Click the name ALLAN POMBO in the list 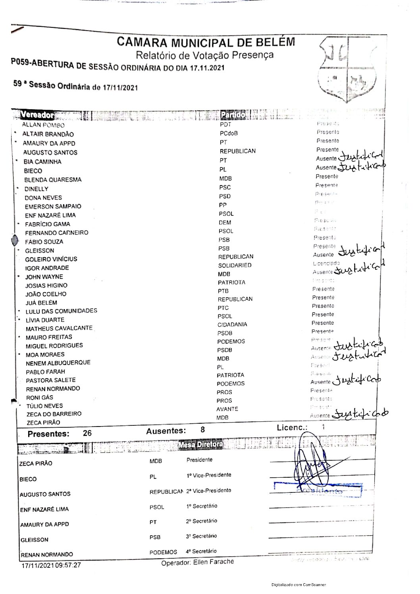(43, 125)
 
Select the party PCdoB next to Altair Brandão (229, 133)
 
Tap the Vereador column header (37, 115)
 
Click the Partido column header (233, 115)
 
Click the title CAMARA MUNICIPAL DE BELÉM (206, 42)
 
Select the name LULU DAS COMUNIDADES (61, 311)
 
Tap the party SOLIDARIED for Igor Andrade (235, 265)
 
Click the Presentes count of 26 (87, 433)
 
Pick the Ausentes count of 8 (203, 429)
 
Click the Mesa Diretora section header (200, 444)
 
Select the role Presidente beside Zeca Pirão (199, 460)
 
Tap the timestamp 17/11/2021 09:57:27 (51, 565)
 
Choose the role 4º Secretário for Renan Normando (201, 551)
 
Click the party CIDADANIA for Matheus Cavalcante (232, 325)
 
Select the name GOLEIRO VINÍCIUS (51, 259)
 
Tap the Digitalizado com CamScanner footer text (299, 584)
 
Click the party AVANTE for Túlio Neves (227, 409)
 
